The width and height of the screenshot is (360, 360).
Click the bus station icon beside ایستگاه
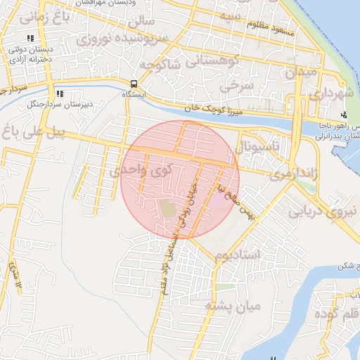[x=134, y=83]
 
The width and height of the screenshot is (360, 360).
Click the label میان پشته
[x=233, y=306]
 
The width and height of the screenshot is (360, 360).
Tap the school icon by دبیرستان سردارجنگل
[x=59, y=93]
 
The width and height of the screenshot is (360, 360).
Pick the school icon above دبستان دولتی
[x=29, y=39]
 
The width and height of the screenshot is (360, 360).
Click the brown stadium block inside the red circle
[x=167, y=209]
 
